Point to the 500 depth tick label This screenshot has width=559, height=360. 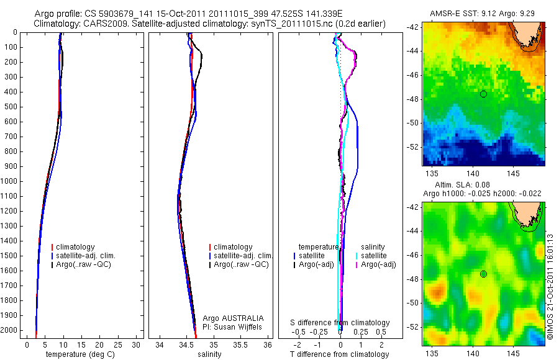(x=11, y=107)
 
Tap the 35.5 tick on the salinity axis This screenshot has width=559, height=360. (x=241, y=344)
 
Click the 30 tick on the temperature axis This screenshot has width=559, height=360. (x=137, y=344)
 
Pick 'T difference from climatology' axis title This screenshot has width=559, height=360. (x=340, y=354)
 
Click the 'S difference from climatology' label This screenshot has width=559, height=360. (x=340, y=323)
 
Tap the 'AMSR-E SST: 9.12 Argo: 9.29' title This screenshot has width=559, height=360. (x=482, y=14)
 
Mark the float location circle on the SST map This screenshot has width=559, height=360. (x=483, y=94)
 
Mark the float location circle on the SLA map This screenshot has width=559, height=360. (x=483, y=274)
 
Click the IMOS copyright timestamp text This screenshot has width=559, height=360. (x=550, y=286)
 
